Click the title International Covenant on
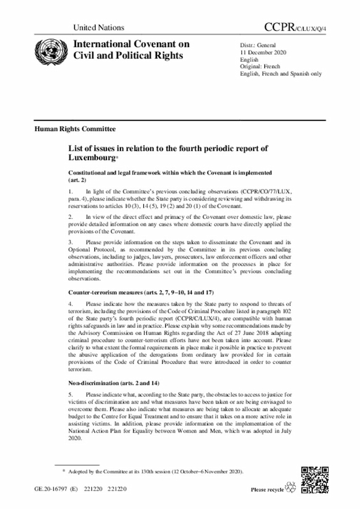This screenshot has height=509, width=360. pos(128,44)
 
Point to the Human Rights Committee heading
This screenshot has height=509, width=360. pos(75,128)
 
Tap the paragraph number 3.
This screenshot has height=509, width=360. pos(70,242)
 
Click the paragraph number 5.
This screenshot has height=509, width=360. pos(70,395)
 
